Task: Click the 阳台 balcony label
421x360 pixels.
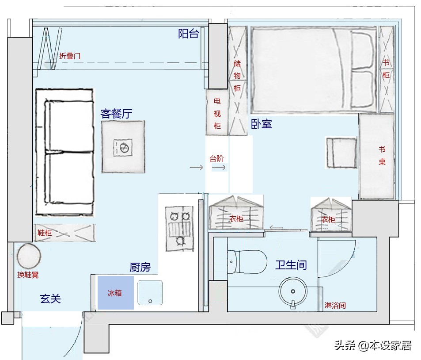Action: click(189, 34)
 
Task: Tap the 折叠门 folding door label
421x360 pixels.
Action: click(70, 56)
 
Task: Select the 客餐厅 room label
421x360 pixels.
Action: click(116, 114)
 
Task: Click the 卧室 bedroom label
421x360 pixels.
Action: click(262, 124)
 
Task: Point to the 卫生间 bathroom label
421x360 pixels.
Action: click(291, 265)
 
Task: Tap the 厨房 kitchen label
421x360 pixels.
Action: click(140, 267)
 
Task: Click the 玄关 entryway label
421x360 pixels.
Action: click(50, 299)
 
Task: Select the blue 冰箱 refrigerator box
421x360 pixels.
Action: click(115, 292)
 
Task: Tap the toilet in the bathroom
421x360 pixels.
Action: click(247, 262)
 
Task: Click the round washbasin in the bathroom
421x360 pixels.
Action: click(293, 292)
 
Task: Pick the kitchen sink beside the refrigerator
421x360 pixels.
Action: click(150, 292)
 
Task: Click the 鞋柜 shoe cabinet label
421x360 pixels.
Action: click(45, 233)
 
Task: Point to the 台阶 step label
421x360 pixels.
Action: click(216, 158)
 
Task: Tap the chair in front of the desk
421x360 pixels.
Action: click(341, 153)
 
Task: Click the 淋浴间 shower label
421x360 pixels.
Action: click(335, 306)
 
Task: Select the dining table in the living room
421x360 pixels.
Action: click(123, 147)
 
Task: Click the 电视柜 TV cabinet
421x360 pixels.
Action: click(217, 113)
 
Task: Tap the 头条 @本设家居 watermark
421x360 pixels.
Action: click(373, 345)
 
